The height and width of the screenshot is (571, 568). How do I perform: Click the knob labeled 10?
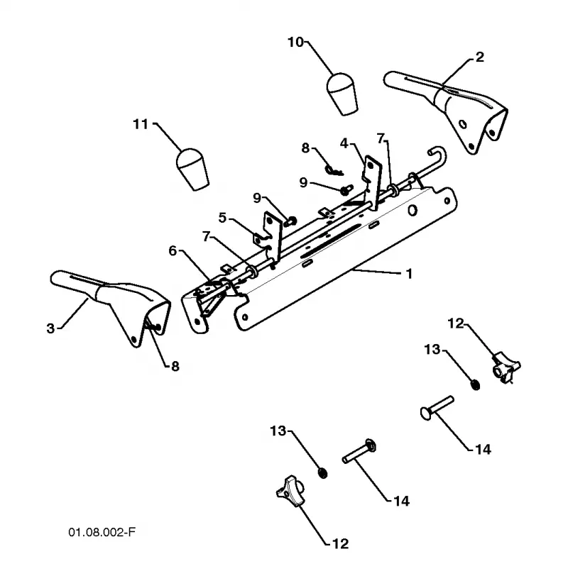[342, 94]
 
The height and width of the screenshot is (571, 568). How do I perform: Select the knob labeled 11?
[192, 170]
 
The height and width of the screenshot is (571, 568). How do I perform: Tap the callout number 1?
[409, 274]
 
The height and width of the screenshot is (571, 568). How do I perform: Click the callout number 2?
[480, 57]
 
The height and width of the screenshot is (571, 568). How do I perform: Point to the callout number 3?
[50, 328]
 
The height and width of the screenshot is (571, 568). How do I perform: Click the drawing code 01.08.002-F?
[102, 532]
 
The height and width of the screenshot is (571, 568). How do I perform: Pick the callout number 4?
[344, 143]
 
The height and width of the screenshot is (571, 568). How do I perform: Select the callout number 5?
[222, 218]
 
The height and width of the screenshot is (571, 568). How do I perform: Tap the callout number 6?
[173, 250]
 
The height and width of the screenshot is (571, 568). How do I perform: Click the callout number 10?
[295, 43]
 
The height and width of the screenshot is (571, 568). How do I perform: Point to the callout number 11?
[141, 124]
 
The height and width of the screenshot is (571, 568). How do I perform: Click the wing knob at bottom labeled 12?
[290, 491]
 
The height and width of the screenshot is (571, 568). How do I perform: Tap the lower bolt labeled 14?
[359, 452]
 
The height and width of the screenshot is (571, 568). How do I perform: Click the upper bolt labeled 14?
[437, 407]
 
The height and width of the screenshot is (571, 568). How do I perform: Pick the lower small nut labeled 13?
[322, 472]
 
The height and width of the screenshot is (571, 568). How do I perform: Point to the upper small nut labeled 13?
[475, 384]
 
